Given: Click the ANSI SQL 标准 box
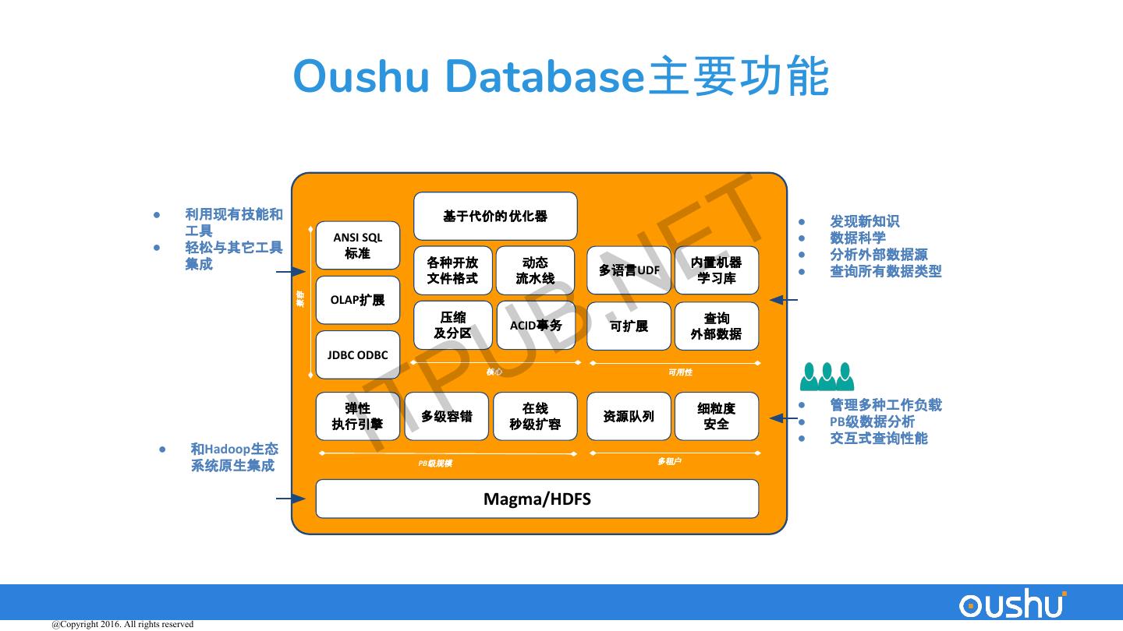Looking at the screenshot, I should click(x=357, y=246).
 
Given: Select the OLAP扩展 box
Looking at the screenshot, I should click(x=357, y=300).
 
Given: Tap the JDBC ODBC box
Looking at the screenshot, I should click(x=357, y=355).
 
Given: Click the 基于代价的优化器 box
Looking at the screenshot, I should click(x=495, y=217).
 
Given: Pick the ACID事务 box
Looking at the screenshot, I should click(x=536, y=326).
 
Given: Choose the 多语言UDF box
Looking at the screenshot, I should click(x=629, y=270).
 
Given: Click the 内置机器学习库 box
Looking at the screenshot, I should click(x=716, y=270).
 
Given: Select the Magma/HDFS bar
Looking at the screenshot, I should click(x=537, y=499).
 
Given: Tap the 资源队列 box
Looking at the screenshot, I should click(x=629, y=417).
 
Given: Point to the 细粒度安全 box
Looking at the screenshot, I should click(x=716, y=417).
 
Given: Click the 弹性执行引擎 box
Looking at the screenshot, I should click(x=357, y=417).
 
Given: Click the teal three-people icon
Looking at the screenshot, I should click(x=827, y=377).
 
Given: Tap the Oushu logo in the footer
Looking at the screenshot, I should click(x=1012, y=605).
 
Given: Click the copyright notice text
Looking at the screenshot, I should click(x=122, y=624).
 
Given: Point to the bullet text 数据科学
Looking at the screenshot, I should click(x=857, y=238).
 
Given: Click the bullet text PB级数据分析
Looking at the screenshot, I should click(x=872, y=421).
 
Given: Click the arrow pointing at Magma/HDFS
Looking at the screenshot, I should click(x=290, y=499).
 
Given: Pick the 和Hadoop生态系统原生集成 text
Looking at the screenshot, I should click(x=233, y=457).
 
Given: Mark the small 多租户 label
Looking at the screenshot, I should click(x=669, y=462).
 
